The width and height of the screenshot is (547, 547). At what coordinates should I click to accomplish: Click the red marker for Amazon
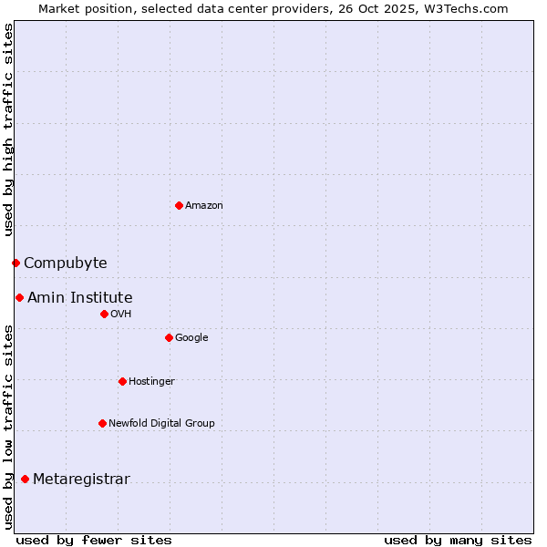[179, 205]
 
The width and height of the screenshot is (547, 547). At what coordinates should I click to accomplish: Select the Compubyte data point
[15, 263]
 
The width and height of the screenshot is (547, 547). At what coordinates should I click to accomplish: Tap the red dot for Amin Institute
[19, 297]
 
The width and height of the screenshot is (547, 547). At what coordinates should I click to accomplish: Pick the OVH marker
[104, 314]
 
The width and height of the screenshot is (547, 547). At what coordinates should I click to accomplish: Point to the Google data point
[169, 337]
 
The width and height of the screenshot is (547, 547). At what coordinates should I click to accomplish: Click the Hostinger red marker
[122, 381]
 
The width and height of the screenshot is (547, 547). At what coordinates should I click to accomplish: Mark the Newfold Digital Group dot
[102, 423]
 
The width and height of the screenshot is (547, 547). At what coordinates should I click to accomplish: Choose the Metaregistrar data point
[25, 479]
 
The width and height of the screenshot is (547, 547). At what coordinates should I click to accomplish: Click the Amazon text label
[204, 206]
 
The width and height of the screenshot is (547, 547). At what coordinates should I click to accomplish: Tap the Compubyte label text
[65, 263]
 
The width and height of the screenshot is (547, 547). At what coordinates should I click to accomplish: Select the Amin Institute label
[79, 298]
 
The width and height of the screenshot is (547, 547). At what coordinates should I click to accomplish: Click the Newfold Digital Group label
[161, 423]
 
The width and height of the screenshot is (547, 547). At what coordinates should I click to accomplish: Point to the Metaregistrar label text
[81, 480]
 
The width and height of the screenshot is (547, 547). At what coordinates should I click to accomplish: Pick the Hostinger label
[151, 381]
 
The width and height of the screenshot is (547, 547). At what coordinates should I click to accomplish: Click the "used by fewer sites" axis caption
[94, 540]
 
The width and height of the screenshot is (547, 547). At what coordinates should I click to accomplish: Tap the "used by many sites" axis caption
[458, 540]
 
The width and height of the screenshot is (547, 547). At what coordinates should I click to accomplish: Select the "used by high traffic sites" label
[9, 129]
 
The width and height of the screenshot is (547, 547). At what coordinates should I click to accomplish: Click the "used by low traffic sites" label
[9, 426]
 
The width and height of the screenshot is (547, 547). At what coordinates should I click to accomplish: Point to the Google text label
[191, 338]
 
